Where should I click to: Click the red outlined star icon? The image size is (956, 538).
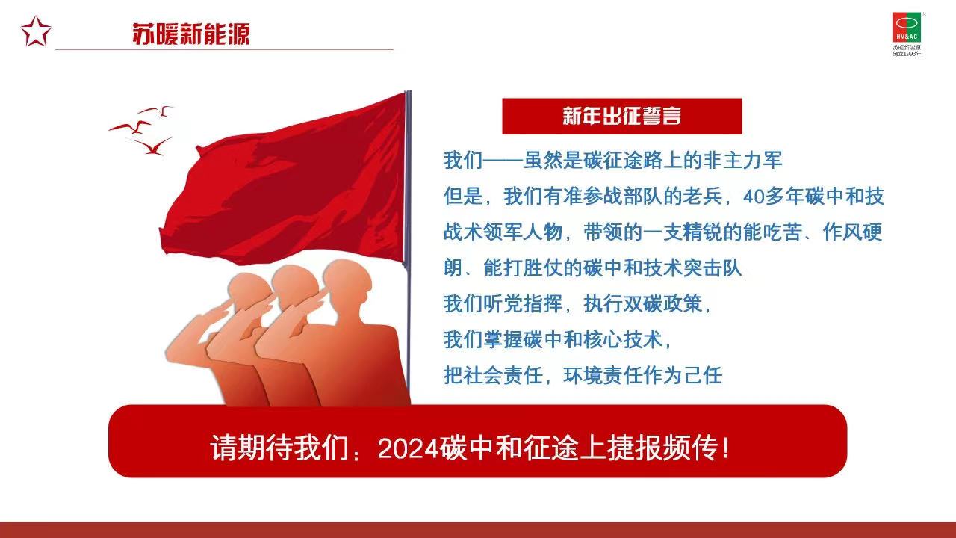click(x=36, y=31)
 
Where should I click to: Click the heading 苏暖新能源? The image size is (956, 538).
click(x=190, y=34)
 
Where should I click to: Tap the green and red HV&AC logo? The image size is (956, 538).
click(x=907, y=28)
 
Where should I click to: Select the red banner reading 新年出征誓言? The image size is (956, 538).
click(x=622, y=116)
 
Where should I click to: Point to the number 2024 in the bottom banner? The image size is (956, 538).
click(x=409, y=448)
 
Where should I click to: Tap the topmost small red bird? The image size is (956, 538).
click(x=157, y=111)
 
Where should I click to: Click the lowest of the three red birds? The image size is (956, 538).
click(x=153, y=146)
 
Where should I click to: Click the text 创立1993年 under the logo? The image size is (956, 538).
click(x=907, y=54)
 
